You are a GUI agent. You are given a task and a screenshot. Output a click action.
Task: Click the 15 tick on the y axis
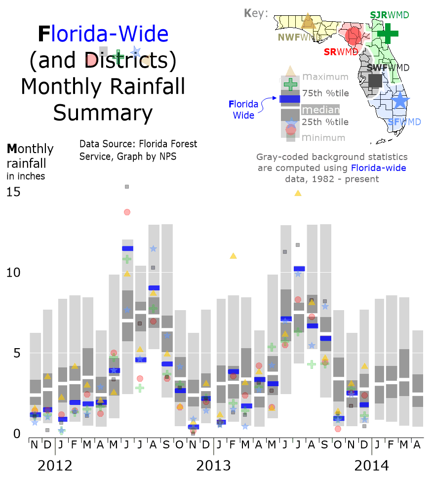tap(13, 192)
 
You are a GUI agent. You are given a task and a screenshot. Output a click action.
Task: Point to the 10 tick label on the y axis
tap(13, 273)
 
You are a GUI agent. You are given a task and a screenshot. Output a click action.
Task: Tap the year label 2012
tap(55, 465)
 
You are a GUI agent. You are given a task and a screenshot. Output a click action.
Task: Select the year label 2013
tap(213, 465)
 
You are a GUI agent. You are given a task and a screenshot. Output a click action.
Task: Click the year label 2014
tap(371, 465)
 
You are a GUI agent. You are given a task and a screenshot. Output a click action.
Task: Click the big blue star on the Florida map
tap(400, 101)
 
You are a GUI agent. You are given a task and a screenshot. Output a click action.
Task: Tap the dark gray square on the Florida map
tap(375, 80)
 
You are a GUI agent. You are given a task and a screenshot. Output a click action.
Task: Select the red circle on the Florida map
tap(354, 35)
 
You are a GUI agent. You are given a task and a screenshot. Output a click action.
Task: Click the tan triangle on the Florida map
tap(309, 21)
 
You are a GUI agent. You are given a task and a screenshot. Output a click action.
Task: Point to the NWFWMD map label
tap(296, 38)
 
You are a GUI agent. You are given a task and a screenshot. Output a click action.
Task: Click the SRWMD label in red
tap(341, 52)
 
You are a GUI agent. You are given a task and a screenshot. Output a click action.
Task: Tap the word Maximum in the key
tap(325, 77)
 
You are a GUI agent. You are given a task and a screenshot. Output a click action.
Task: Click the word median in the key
tap(320, 110)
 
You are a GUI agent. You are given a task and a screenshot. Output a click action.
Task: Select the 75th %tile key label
tap(325, 93)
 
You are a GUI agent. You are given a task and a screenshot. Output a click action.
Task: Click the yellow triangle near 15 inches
tap(298, 193)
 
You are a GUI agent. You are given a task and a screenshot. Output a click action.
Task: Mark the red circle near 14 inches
tap(127, 212)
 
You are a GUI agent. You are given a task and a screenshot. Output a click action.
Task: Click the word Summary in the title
tap(103, 113)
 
